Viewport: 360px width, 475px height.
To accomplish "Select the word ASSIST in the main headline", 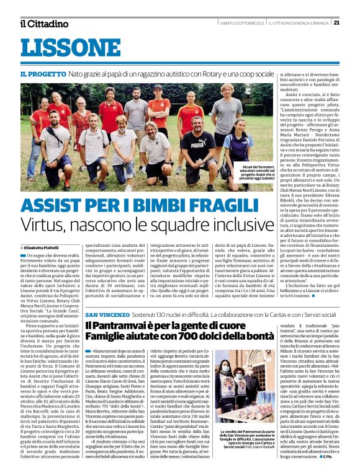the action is [58, 205].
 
